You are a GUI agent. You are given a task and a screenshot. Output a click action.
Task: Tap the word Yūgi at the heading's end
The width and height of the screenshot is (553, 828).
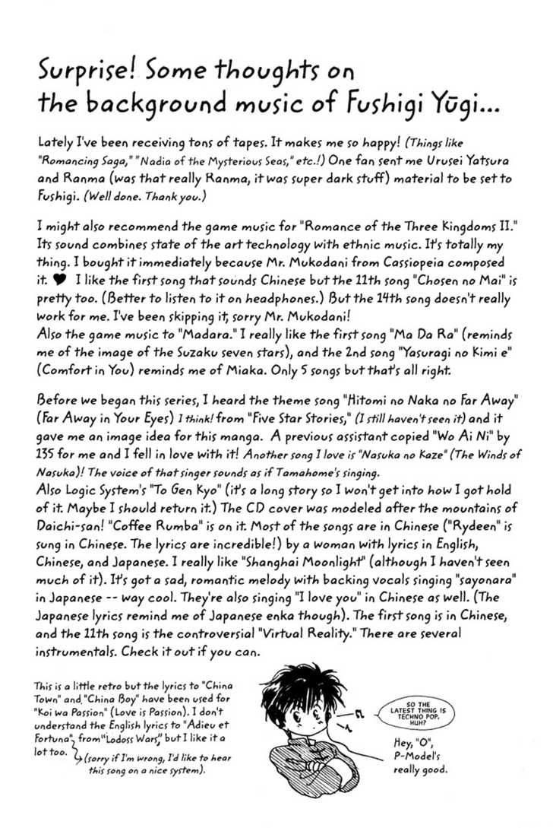[465, 105]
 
